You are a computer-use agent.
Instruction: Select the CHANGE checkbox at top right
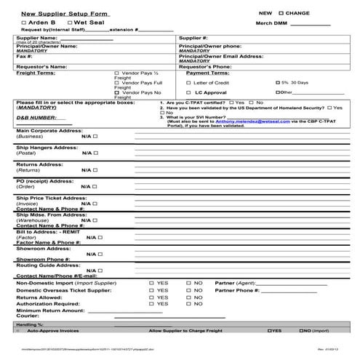281,13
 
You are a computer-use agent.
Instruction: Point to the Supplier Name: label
36,37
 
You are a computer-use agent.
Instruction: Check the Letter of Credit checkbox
188,83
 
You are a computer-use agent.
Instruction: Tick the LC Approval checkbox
188,93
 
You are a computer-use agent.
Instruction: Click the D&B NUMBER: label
35,116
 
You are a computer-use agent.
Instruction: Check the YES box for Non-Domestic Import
151,282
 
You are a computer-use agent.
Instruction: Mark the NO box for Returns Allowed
188,297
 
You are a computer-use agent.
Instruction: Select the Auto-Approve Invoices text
53,330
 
